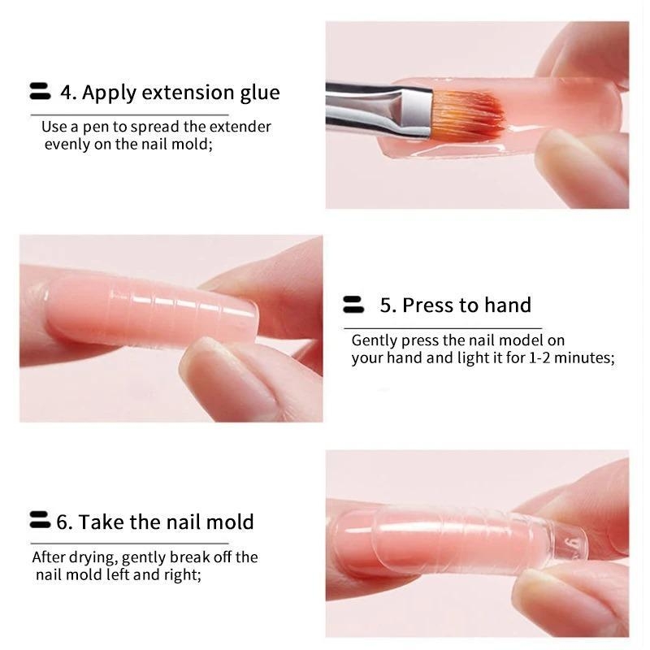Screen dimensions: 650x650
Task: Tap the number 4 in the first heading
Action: point(66,93)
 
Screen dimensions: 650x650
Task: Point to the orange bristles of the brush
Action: point(469,114)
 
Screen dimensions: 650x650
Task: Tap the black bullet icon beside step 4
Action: point(40,91)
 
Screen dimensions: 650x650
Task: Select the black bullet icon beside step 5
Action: point(353,305)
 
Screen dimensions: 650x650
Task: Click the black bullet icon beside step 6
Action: point(40,520)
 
